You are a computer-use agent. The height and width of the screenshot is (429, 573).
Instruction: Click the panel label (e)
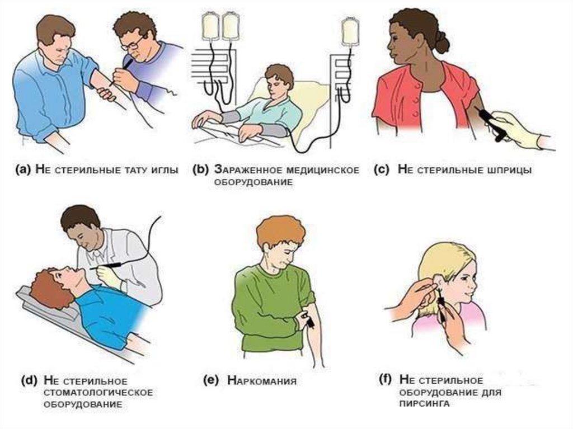click(210, 381)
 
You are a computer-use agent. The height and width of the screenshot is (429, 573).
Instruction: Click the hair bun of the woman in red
click(442, 42)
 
